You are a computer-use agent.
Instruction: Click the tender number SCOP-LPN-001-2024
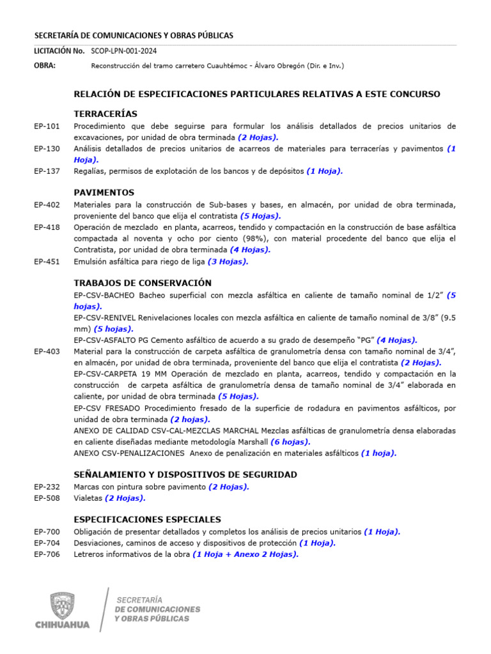[x=124, y=51]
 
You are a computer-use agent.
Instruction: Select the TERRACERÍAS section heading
[x=105, y=114]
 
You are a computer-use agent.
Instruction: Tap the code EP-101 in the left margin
[x=47, y=126]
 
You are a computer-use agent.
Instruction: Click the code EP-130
[x=47, y=149]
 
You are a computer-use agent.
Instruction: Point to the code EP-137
[x=47, y=171]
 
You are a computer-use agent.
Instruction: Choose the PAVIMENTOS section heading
[x=104, y=192]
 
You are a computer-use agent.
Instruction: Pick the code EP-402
[x=47, y=205]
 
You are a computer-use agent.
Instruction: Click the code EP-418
[x=47, y=227]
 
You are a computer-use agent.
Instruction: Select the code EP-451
[x=47, y=261]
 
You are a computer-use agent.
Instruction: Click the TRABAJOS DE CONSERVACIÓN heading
[x=143, y=283]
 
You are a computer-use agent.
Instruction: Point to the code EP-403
[x=47, y=351]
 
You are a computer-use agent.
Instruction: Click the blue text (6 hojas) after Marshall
[x=290, y=442]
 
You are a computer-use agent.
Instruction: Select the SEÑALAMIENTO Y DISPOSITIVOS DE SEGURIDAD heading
[x=185, y=475]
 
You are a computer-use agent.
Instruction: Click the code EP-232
[x=47, y=487]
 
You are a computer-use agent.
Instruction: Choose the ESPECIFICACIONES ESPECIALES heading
[x=148, y=519]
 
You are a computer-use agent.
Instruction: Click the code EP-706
[x=47, y=554]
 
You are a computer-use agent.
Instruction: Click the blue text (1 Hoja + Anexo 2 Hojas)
[x=245, y=554]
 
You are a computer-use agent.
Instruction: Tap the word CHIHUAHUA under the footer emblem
[x=63, y=624]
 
